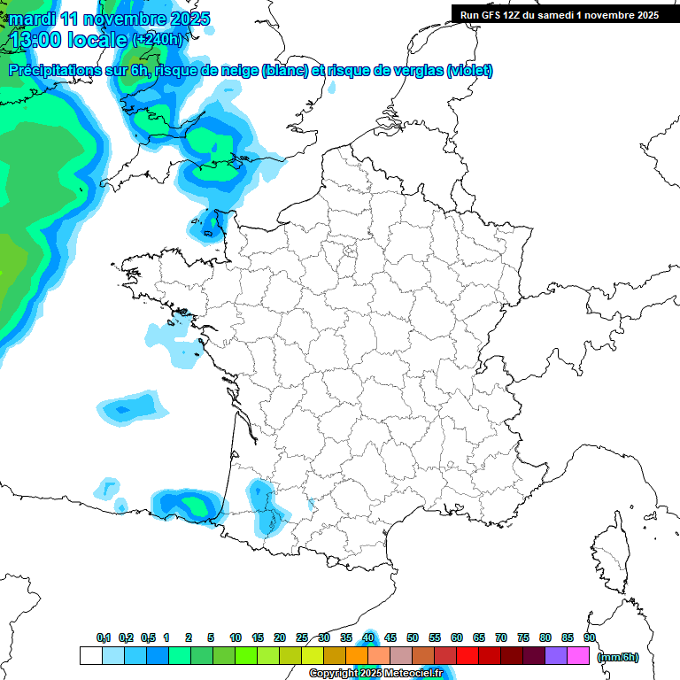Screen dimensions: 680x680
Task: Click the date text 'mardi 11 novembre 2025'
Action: pos(110,19)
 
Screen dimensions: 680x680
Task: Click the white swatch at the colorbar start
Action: pos(90,655)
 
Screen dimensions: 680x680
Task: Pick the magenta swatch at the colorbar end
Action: pos(578,655)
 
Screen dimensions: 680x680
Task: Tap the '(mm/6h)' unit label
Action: pos(617,656)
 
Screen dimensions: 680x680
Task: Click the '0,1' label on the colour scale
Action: pos(104,637)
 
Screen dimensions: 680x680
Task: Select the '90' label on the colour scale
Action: pos(590,637)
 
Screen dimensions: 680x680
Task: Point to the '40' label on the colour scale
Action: pos(368,637)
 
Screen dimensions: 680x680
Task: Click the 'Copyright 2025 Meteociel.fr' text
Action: pos(375,674)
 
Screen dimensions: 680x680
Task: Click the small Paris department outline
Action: pos(349,257)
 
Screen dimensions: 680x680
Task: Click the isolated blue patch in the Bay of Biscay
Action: pos(133,407)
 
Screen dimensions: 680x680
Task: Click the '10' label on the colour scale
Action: pos(236,637)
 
